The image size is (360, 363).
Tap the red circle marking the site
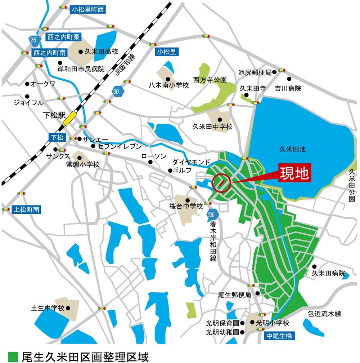(x=221, y=183)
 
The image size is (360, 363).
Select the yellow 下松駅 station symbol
(x=69, y=118)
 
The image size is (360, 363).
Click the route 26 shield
(x=33, y=40)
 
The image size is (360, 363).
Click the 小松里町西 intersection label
(x=87, y=10)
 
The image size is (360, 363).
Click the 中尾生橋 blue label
(x=279, y=336)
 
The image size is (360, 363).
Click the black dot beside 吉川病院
(x=289, y=79)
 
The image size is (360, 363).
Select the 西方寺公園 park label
(x=210, y=79)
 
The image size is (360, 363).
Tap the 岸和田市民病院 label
(x=81, y=68)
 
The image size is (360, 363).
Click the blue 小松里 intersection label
(x=166, y=52)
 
